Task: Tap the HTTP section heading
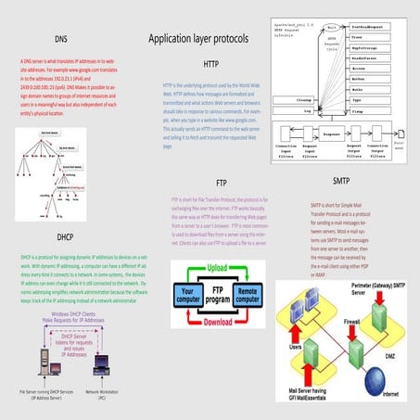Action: (x=211, y=64)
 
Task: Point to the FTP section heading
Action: (x=221, y=184)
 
